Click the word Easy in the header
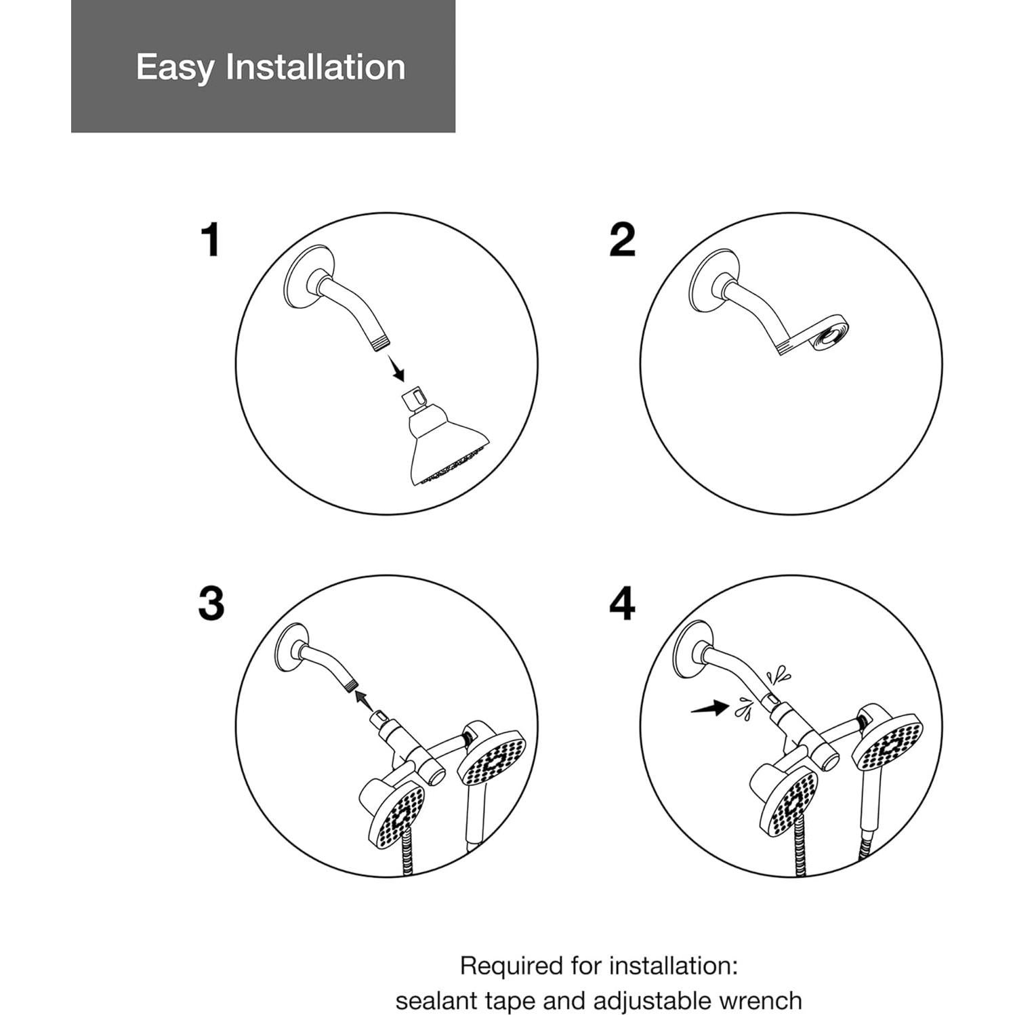175,68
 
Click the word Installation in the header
316,66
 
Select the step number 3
211,603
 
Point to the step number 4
622,603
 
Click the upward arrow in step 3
366,699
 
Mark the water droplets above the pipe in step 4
779,674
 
